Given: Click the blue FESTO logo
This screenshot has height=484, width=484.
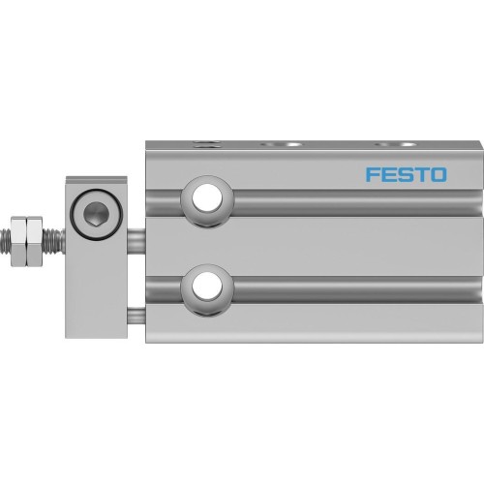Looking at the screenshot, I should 406,175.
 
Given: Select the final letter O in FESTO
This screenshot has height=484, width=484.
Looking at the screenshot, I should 438,175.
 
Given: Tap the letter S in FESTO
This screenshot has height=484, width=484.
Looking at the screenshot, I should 405,175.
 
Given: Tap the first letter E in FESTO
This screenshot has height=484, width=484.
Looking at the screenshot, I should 388,175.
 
